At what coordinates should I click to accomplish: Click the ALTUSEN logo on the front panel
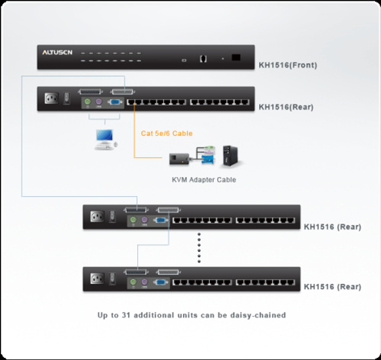pos(57,53)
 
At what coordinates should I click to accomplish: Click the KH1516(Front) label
pos(288,65)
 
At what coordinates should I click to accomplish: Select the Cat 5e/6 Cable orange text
pos(166,133)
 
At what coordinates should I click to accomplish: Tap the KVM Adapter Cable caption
pos(204,180)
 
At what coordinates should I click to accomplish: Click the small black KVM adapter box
pos(179,159)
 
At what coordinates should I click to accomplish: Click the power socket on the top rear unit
pos(52,98)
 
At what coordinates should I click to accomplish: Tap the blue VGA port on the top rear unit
pos(114,102)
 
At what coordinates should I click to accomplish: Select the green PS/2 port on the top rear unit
pos(87,102)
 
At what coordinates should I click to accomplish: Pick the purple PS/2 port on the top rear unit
pos(99,102)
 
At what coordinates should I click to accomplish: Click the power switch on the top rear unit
pos(67,98)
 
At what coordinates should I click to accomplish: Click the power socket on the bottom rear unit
pos(97,278)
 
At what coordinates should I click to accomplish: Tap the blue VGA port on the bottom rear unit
pos(160,282)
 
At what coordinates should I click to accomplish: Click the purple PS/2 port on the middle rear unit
pos(144,220)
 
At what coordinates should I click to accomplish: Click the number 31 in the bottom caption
pos(126,315)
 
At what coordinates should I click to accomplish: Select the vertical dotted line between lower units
pos(199,248)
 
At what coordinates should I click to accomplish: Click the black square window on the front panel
pos(236,57)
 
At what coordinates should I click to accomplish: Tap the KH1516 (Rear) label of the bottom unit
pos(332,287)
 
